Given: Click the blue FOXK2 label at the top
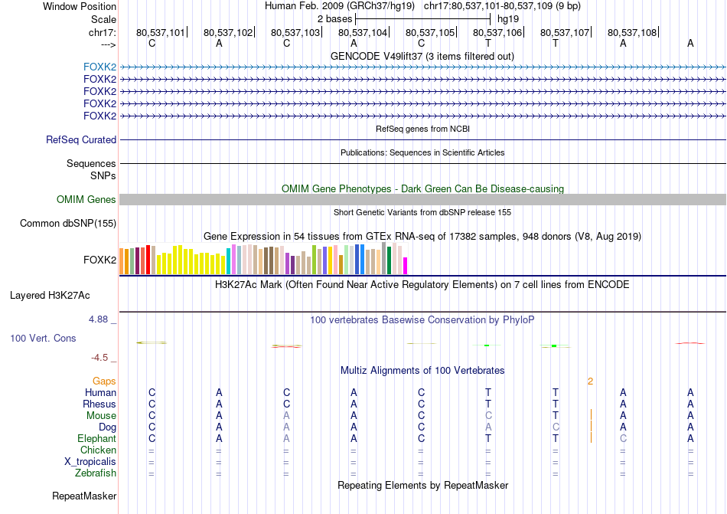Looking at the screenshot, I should [99, 67].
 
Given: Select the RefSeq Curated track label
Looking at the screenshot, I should [81, 140].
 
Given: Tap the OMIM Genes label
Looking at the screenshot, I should [86, 200].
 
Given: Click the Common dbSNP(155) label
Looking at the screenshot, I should [68, 224].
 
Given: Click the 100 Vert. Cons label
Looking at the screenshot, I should [43, 338].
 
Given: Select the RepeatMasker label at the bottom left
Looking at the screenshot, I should [83, 496].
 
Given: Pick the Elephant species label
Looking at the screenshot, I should [96, 438].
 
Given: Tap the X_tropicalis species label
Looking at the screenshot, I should [90, 462].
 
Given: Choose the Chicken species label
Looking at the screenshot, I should [98, 450].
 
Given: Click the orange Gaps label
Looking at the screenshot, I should [104, 381].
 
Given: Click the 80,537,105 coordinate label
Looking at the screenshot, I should [430, 33].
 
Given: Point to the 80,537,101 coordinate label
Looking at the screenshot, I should [161, 33].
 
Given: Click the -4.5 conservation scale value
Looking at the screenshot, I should [104, 357].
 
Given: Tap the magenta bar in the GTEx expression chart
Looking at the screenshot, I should [406, 265].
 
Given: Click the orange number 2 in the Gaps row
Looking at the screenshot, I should [590, 381].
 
